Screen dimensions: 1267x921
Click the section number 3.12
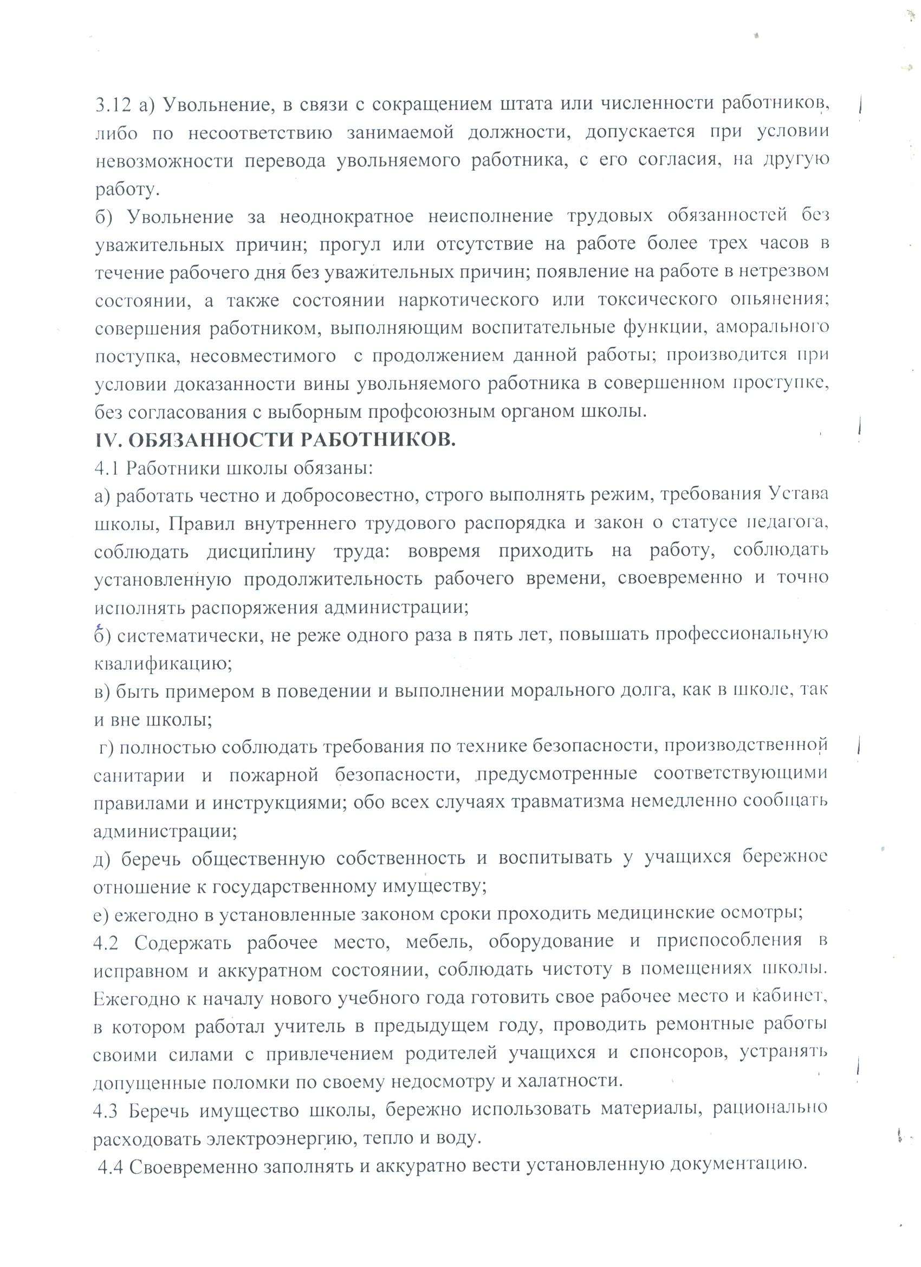(x=113, y=105)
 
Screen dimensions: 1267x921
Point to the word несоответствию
(x=260, y=133)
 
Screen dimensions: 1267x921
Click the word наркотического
(x=469, y=300)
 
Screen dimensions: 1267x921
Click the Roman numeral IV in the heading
(x=107, y=439)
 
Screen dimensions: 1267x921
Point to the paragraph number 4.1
(x=106, y=468)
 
